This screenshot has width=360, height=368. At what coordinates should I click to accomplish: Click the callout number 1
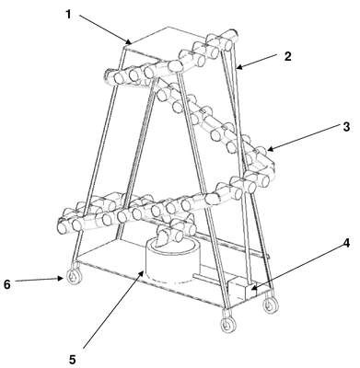tap(68, 14)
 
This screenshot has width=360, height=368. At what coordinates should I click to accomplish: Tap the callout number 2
tap(287, 56)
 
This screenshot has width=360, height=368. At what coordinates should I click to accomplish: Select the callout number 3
tap(346, 127)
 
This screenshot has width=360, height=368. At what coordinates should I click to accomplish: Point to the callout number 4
tap(346, 243)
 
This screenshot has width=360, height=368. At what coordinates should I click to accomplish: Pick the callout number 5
tap(73, 360)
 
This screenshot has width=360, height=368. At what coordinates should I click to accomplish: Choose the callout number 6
tap(6, 284)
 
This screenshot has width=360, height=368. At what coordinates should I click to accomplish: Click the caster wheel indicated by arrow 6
tap(75, 277)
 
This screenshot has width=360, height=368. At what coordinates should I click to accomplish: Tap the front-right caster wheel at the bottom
tap(228, 324)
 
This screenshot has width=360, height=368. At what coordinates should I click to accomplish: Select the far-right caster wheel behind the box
tap(271, 305)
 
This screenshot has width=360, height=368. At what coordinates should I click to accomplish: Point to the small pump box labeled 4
tap(241, 289)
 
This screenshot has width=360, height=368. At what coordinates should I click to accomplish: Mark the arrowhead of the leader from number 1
tap(130, 42)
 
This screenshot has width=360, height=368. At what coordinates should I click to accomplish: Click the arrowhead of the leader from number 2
tap(239, 67)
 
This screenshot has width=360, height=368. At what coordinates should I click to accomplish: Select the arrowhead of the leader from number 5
tap(142, 271)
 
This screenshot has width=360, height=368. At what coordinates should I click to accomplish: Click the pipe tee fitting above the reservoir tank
tap(176, 232)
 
